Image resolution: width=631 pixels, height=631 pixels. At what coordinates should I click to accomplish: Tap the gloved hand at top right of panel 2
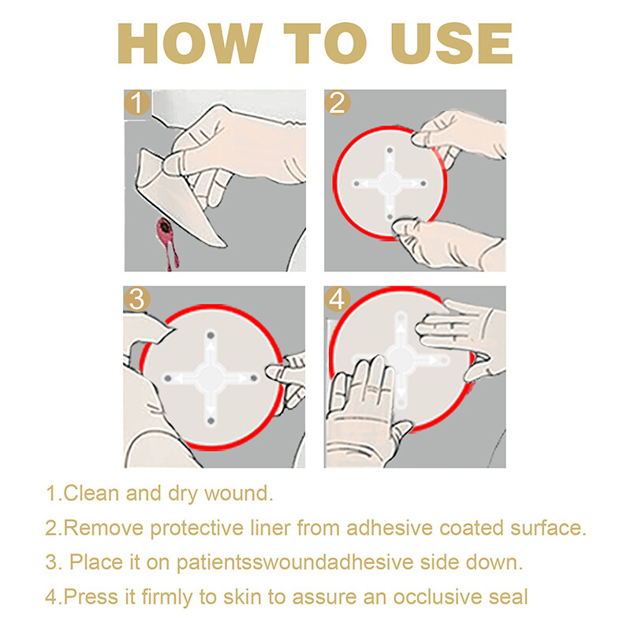pyautogui.click(x=461, y=134)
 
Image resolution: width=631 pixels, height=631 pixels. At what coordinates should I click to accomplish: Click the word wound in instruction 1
pyautogui.click(x=241, y=495)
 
